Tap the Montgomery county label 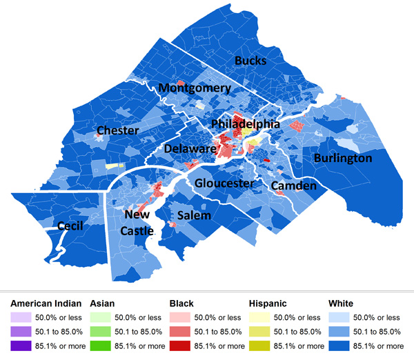coord(195,88)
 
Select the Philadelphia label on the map coord(246,124)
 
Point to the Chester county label coord(118,130)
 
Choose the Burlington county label coord(343,159)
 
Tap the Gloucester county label coord(224,183)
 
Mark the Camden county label coord(293,186)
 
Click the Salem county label coord(194,216)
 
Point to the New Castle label coord(137,223)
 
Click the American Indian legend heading coord(46,303)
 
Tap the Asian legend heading coord(103,303)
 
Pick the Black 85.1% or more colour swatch coord(183,346)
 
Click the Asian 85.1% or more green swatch coord(103,346)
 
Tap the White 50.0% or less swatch coord(341,317)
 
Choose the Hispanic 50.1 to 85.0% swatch coord(262,332)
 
